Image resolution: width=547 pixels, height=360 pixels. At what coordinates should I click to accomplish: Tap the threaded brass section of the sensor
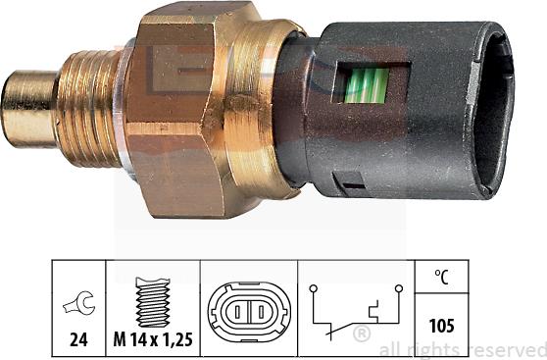(88, 108)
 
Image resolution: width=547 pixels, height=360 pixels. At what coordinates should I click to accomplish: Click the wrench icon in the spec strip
(75, 304)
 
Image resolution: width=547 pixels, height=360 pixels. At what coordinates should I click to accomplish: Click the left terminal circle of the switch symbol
(311, 289)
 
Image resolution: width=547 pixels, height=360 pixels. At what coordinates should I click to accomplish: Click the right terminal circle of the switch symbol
(399, 289)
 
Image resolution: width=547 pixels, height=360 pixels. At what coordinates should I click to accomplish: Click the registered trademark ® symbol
(362, 334)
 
